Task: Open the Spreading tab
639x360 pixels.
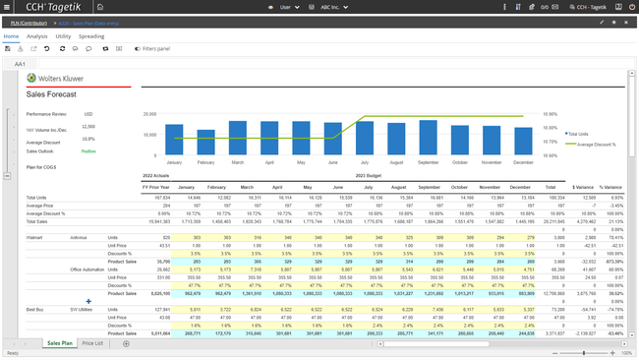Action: point(91,35)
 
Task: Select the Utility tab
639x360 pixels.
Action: point(63,35)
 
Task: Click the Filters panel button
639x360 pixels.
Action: point(152,48)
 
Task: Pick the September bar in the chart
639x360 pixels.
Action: point(428,138)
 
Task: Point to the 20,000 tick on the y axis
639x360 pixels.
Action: point(149,113)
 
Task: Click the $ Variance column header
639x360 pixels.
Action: point(583,186)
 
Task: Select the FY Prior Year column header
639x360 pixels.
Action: point(156,186)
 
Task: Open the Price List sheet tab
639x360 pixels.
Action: point(93,343)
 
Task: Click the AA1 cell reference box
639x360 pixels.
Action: point(20,63)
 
